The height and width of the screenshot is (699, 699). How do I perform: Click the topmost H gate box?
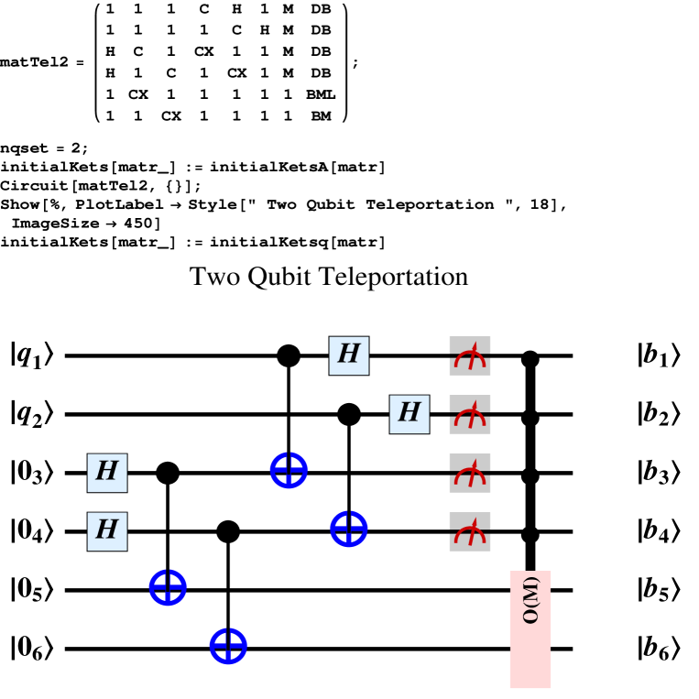tap(349, 355)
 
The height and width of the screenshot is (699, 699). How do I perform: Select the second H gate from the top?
tap(410, 414)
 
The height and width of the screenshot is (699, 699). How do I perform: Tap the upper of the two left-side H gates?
tap(107, 473)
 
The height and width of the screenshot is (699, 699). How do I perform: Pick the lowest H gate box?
tap(107, 531)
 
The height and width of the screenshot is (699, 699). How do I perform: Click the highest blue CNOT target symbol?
tap(289, 470)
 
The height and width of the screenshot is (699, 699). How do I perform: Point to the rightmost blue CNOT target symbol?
tap(349, 529)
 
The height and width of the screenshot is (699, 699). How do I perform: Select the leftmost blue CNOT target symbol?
tap(168, 587)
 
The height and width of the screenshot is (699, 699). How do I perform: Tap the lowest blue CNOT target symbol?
tap(228, 646)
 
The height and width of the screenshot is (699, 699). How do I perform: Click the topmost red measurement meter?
tap(470, 357)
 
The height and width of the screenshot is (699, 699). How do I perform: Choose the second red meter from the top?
tap(470, 416)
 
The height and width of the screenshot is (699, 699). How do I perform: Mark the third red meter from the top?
tap(470, 475)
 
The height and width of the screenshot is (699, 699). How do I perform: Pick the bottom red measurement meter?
tap(470, 533)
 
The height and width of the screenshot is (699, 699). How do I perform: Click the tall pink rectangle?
tap(530, 629)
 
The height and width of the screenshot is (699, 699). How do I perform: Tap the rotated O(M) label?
tap(530, 600)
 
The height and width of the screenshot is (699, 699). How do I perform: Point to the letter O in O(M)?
tap(530, 617)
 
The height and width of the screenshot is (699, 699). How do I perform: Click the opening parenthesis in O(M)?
tap(530, 606)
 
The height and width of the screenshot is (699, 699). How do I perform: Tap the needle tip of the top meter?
tap(475, 344)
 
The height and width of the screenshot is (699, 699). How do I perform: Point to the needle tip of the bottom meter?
tap(475, 519)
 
